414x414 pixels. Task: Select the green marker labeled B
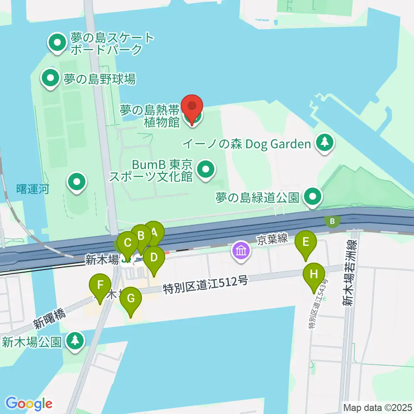pos(141,236)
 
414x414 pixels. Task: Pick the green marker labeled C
pos(128,242)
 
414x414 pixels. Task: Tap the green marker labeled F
pos(100,285)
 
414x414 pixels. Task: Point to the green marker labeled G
pos(131,298)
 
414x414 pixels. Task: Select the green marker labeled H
pos(314,274)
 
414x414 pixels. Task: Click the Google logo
pos(29,403)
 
